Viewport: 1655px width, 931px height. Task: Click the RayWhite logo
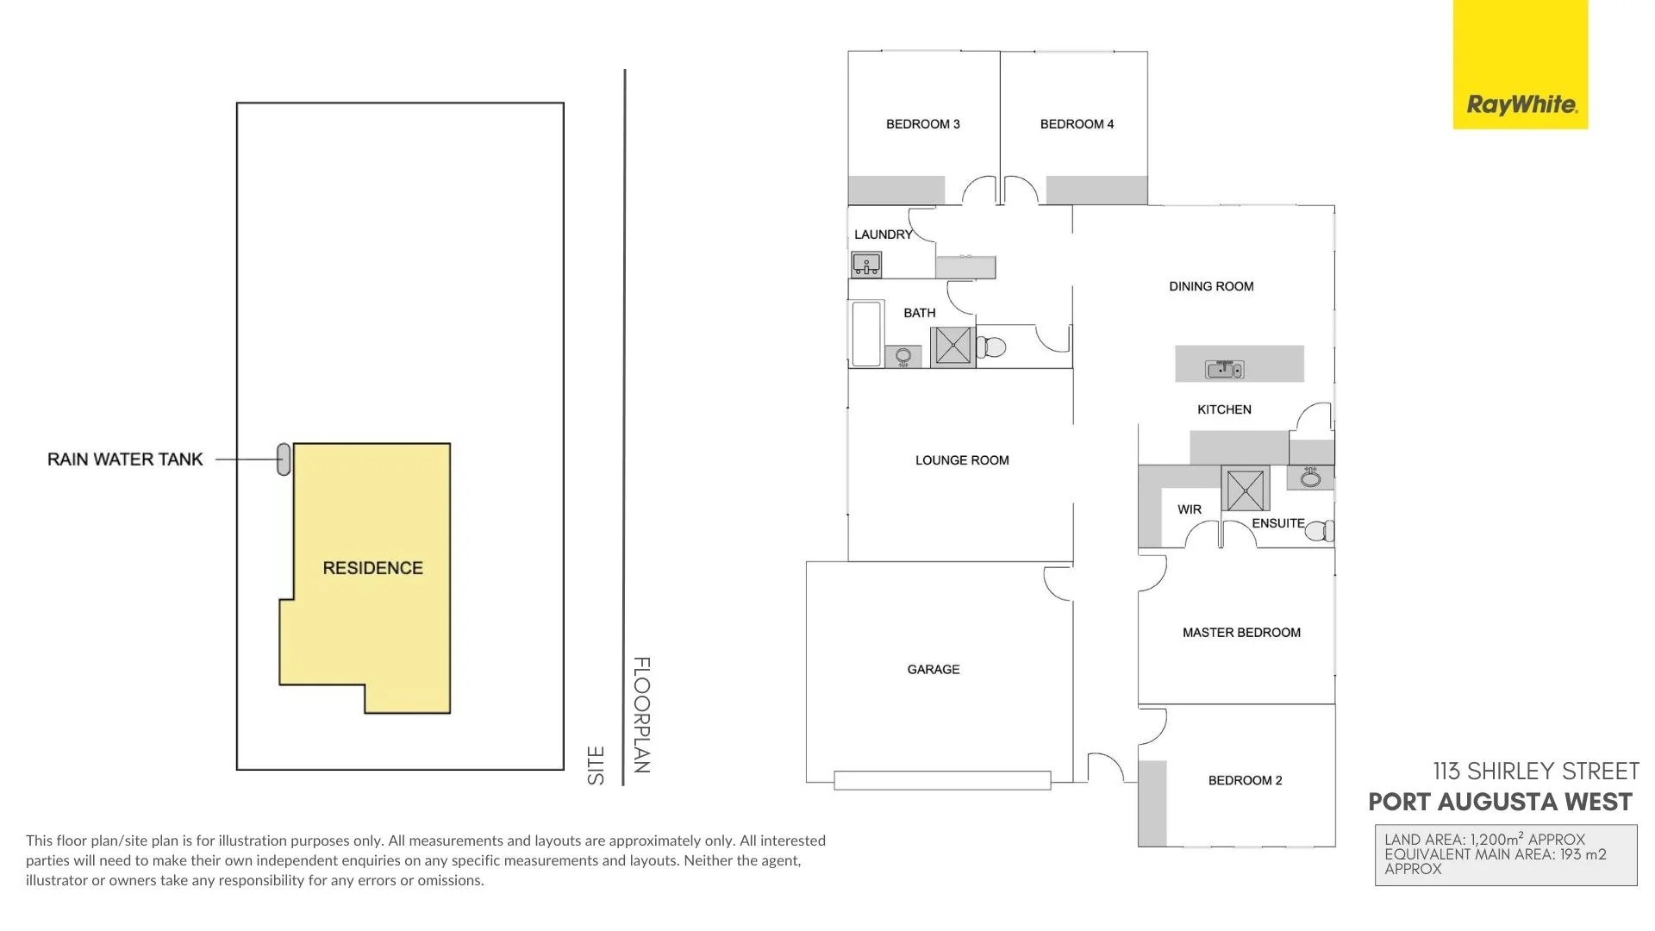point(1521,105)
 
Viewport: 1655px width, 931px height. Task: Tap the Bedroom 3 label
point(922,124)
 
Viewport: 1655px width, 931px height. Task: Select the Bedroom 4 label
point(1077,124)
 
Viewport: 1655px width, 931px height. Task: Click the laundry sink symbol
point(866,264)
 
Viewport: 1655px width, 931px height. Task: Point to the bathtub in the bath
point(866,333)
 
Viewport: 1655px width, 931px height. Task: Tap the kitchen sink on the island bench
point(1224,370)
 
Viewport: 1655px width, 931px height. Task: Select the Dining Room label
point(1211,286)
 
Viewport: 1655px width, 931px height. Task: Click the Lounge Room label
point(962,460)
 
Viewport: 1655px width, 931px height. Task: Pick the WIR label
point(1190,509)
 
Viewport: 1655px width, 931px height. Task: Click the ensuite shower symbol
point(1245,489)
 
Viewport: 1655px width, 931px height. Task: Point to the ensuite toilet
point(1320,530)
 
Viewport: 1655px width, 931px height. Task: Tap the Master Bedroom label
point(1241,633)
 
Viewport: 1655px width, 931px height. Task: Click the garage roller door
point(942,780)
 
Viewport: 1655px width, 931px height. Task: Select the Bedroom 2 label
point(1245,780)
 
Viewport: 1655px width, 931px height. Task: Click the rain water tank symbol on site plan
point(284,459)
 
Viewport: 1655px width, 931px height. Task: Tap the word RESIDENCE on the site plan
point(372,568)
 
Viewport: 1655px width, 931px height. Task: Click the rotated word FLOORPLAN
point(641,715)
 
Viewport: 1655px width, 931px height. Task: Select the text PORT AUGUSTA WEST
point(1500,802)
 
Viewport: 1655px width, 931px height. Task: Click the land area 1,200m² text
point(1484,840)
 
